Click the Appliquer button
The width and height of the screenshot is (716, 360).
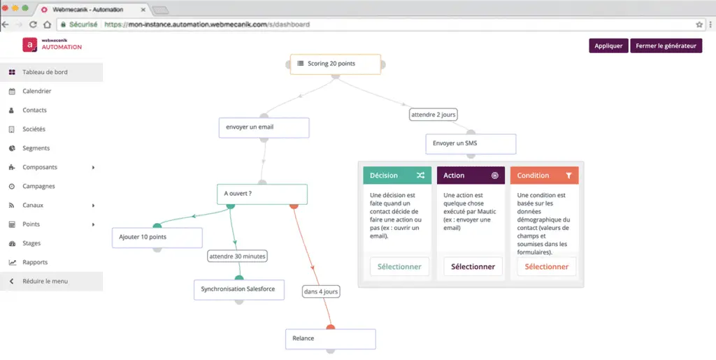(608, 45)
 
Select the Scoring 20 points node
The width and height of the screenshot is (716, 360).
(336, 64)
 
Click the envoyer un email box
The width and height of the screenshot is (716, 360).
(264, 127)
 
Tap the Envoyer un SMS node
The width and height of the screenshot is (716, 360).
(471, 144)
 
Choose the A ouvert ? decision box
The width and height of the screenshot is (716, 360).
(262, 194)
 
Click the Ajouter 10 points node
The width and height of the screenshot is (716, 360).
(157, 237)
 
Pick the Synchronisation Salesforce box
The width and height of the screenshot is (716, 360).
(239, 289)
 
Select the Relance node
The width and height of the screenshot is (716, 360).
(331, 339)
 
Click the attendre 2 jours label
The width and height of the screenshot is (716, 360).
(434, 115)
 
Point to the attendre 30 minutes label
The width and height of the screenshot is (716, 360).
(237, 257)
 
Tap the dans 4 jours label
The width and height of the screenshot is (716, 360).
(321, 291)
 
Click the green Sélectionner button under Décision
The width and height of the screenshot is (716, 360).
(399, 267)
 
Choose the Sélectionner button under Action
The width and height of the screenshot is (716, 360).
(473, 267)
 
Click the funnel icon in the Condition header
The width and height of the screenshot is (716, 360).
(568, 175)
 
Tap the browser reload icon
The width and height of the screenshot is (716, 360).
(33, 24)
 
